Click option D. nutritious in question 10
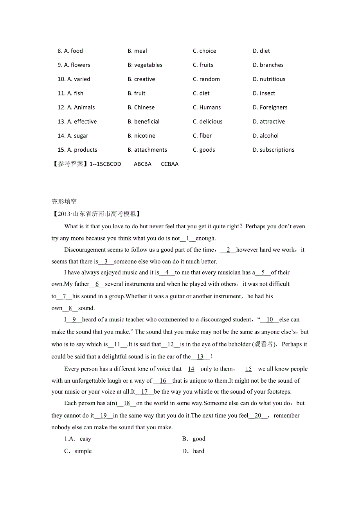click(269, 79)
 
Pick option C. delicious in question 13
click(207, 122)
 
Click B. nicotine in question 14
click(141, 136)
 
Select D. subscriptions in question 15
click(274, 150)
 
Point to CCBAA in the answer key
click(169, 164)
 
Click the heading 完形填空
click(64, 202)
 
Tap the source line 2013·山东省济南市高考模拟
click(96, 214)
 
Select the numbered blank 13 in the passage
click(200, 357)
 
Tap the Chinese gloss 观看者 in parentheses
click(264, 344)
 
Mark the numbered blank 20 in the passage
click(258, 416)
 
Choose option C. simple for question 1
click(78, 451)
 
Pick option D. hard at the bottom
click(193, 451)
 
